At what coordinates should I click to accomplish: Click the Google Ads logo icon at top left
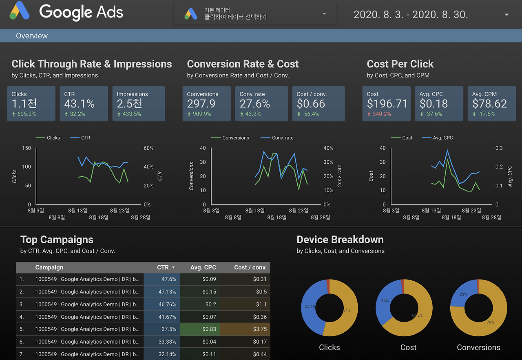(x=19, y=11)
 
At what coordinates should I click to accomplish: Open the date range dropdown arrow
(x=507, y=15)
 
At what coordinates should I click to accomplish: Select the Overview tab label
(x=32, y=36)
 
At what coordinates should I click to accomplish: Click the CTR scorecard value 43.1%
(x=79, y=104)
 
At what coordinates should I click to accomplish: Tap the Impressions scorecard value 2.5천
(x=129, y=104)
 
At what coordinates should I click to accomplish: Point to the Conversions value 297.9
(x=201, y=104)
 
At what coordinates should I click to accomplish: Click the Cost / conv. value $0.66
(x=311, y=104)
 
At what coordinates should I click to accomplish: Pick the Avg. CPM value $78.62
(x=489, y=104)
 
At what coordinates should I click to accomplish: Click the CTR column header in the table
(x=163, y=267)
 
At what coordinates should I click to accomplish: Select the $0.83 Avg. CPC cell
(x=209, y=329)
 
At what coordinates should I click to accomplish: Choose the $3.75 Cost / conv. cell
(x=260, y=329)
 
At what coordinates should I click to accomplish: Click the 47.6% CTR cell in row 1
(x=169, y=279)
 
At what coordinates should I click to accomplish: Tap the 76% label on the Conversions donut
(x=490, y=322)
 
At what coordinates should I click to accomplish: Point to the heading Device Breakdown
(x=340, y=240)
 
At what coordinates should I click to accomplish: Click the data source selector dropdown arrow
(x=325, y=14)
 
